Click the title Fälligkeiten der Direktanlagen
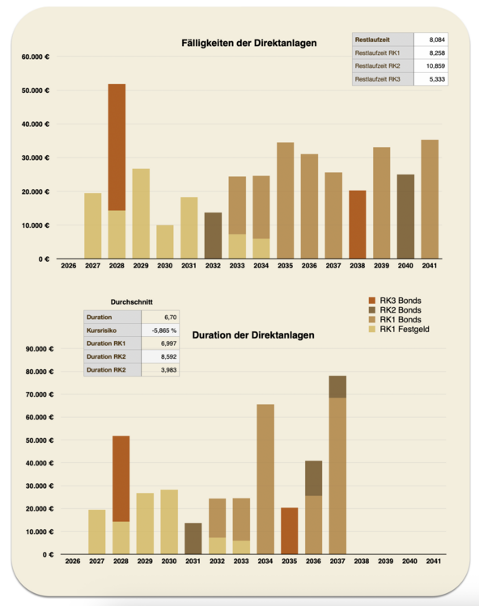tap(248, 43)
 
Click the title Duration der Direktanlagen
tap(253, 335)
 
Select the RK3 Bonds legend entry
tap(395, 301)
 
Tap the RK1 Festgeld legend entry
tap(399, 330)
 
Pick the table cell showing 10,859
tap(431, 65)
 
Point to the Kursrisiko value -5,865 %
tap(160, 330)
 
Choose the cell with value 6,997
tap(160, 343)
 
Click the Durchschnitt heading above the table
tap(132, 302)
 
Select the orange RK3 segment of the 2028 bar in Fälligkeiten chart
tap(117, 147)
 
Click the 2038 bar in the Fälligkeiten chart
tap(357, 225)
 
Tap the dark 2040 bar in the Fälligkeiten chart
tap(405, 217)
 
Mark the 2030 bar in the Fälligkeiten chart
tap(165, 242)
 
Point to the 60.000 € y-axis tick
tap(36, 57)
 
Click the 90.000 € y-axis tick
tap(40, 349)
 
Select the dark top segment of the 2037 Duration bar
tap(337, 387)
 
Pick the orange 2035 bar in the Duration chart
tap(290, 531)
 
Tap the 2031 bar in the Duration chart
tap(193, 539)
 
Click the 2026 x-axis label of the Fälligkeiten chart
tap(69, 266)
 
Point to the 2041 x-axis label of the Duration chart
tap(434, 562)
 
